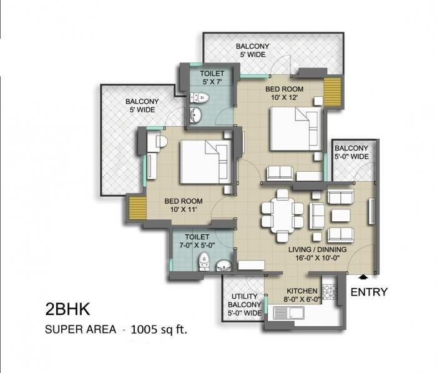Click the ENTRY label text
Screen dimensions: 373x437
tap(369, 292)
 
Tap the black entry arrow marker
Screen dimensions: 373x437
tap(363, 277)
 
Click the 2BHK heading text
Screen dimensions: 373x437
tap(68, 309)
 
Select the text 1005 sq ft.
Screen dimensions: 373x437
tap(159, 329)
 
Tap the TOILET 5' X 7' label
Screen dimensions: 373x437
tap(212, 78)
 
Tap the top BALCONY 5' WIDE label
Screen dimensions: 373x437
tap(252, 51)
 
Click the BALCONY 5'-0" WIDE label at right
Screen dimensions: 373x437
tap(352, 152)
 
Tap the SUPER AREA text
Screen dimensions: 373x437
tap(79, 329)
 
